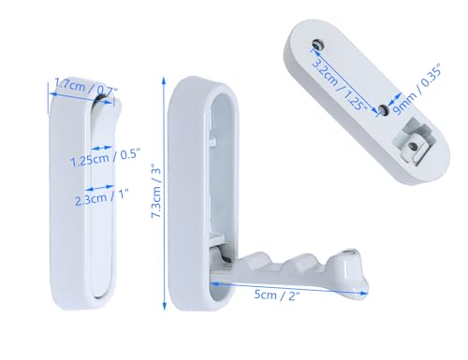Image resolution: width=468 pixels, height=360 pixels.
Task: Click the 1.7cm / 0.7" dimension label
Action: tap(86, 87)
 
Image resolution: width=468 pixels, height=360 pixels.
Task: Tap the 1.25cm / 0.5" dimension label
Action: tap(105, 158)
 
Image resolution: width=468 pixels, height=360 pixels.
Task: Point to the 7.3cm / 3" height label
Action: tap(156, 191)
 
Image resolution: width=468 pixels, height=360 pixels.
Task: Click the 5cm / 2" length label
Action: tap(277, 295)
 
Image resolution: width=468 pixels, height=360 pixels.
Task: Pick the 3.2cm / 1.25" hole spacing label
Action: tap(340, 84)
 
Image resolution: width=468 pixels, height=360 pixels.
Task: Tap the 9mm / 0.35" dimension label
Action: tap(417, 90)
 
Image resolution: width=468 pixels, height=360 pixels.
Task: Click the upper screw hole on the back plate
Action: tap(318, 44)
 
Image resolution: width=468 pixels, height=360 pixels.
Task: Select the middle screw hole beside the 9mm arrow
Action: tap(383, 109)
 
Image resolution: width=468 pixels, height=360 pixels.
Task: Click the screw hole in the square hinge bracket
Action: tap(413, 146)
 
